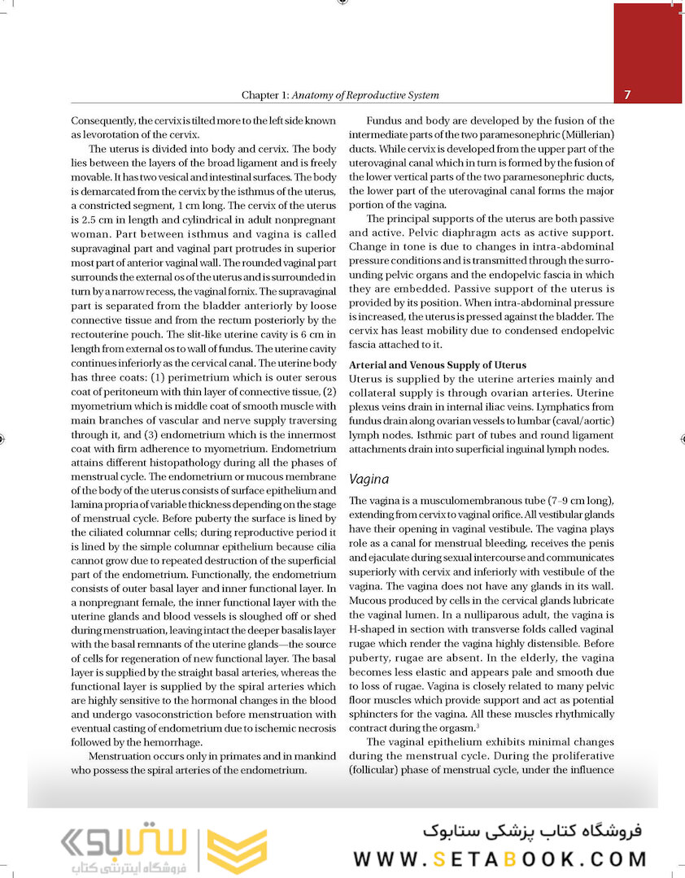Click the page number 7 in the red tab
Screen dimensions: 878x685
point(628,95)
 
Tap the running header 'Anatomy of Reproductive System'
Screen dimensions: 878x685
point(365,96)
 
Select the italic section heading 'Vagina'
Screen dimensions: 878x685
point(368,480)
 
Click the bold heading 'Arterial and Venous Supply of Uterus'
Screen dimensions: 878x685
point(437,365)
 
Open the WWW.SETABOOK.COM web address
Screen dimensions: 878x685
point(500,858)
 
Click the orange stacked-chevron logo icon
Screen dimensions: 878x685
point(237,851)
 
